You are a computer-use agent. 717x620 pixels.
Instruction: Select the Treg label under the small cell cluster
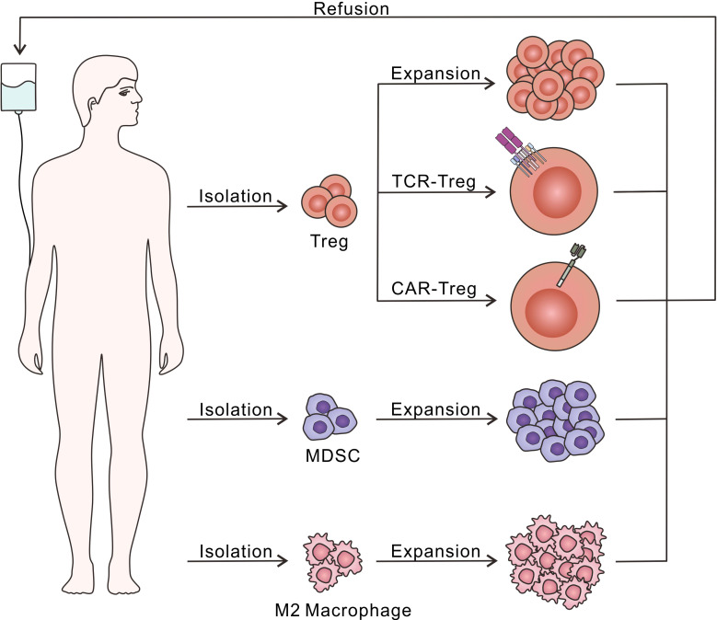(330, 243)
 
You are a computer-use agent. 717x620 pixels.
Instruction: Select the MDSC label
(329, 456)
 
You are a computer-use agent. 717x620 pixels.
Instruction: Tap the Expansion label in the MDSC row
(436, 409)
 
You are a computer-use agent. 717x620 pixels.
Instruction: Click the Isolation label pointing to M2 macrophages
(235, 552)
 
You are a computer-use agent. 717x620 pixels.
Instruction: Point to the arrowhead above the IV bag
(18, 50)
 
